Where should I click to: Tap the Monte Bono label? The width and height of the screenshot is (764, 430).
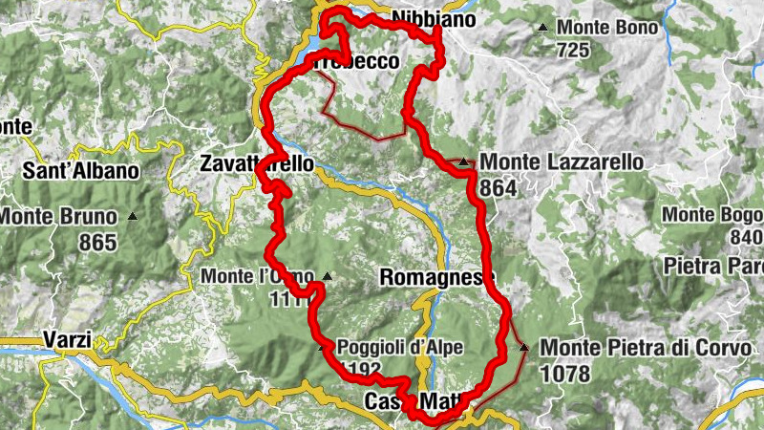607,28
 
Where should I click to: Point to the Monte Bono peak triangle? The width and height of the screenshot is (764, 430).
543,27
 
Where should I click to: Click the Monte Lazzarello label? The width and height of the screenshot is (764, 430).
562,163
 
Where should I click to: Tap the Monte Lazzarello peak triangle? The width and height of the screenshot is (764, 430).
463,162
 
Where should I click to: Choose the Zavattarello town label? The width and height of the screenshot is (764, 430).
257,164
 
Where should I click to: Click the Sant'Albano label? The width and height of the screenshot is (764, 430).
81,172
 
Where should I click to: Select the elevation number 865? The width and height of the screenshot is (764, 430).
97,243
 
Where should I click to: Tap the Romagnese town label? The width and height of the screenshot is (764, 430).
437,278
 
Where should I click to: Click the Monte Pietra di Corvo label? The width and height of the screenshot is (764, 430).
646,349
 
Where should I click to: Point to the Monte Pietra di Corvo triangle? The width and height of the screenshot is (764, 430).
524,347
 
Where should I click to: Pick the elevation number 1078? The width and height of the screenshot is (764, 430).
565,374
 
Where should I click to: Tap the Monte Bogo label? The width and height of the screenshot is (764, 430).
712,214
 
